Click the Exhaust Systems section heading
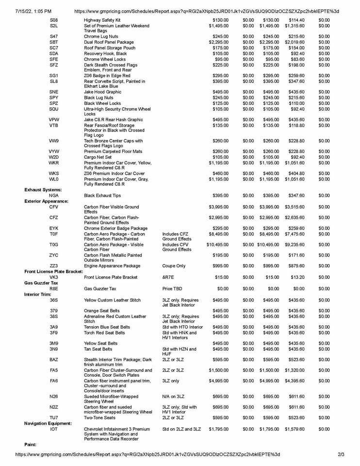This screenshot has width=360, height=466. tap(43, 189)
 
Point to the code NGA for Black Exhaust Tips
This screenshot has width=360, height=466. tap(54, 195)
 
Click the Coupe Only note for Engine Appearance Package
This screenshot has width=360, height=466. tap(174, 266)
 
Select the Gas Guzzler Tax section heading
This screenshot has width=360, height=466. tap(43, 283)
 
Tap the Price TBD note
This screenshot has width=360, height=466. tap(173, 288)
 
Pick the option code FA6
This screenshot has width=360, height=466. tap(54, 381)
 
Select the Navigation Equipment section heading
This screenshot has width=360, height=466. tap(48, 423)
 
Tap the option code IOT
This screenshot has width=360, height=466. tap(54, 429)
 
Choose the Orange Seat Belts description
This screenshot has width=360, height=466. tap(101, 311)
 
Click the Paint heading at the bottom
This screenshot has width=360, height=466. tap(31, 444)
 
